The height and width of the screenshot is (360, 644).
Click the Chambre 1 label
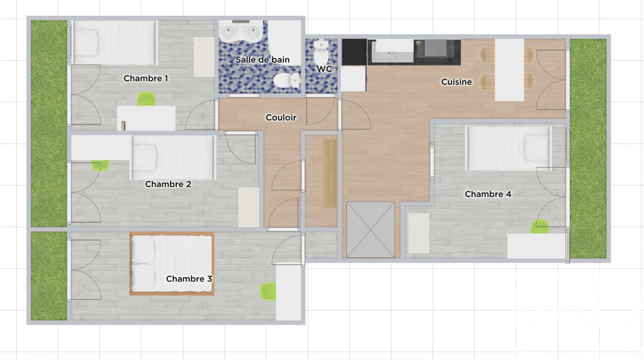[146, 78]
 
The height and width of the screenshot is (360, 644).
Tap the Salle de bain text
[263, 60]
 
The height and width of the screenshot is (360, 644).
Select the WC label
[324, 69]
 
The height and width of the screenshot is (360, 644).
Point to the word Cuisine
[457, 82]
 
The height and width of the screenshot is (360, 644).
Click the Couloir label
[281, 117]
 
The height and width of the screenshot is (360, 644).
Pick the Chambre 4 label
[488, 194]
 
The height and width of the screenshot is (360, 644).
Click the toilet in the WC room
[321, 53]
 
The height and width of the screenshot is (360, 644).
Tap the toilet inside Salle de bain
[286, 80]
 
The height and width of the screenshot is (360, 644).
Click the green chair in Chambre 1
[146, 99]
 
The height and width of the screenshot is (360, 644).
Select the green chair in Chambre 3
[268, 291]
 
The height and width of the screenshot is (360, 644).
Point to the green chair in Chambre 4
[540, 226]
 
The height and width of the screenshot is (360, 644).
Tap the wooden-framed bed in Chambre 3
[172, 264]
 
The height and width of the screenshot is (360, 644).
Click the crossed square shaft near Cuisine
[371, 230]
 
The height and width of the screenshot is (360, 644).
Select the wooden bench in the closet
[331, 174]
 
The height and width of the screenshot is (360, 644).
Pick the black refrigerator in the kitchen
[354, 52]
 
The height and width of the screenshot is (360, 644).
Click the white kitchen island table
[509, 70]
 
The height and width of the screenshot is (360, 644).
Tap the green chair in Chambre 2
[100, 165]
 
